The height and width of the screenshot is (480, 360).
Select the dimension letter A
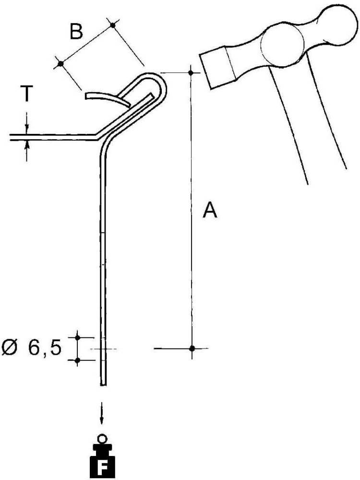click(209, 210)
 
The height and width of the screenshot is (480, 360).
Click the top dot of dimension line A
click(191, 72)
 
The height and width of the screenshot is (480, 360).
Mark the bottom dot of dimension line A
click(192, 348)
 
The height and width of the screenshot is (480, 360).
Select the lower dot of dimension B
click(60, 63)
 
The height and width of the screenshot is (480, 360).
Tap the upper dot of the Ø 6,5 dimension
click(77, 338)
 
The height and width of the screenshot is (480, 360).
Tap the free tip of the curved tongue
click(87, 96)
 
